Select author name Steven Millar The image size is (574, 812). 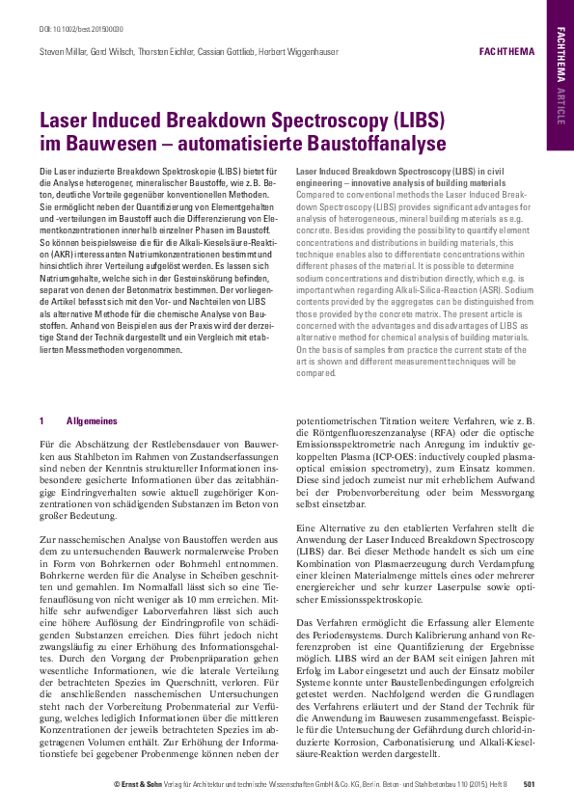[x=58, y=49]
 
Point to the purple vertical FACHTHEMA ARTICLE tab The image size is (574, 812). [x=560, y=75]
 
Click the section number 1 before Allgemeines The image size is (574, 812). [x=41, y=420]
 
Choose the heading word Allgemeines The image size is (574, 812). [x=91, y=420]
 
